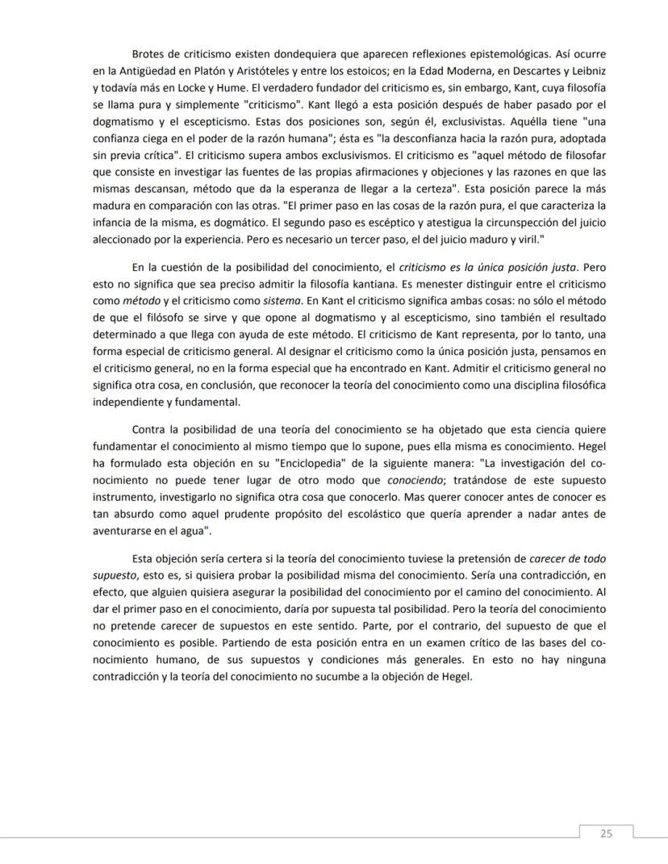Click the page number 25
pos(606,834)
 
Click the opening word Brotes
pos(150,54)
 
